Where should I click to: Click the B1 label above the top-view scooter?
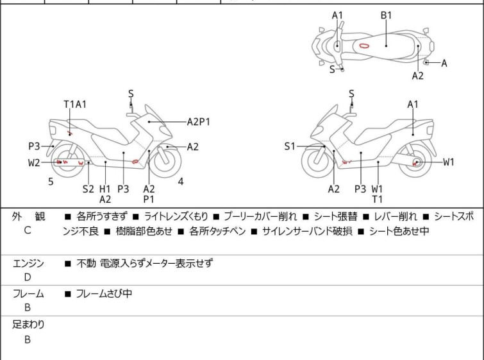(x=386, y=15)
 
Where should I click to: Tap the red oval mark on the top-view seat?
(x=364, y=46)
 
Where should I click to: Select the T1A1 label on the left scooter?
(x=75, y=105)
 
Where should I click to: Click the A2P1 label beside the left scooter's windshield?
(x=199, y=122)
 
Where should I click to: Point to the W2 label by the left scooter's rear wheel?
(x=34, y=162)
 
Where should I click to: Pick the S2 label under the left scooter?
(x=88, y=189)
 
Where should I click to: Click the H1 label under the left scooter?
(x=105, y=189)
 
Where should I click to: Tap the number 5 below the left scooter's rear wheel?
(x=51, y=182)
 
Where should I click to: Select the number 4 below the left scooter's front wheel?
(x=181, y=182)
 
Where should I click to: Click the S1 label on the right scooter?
(x=290, y=146)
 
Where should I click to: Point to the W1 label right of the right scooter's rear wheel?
(x=449, y=162)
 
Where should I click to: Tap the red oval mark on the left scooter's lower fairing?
(x=135, y=161)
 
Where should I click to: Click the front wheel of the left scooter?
(x=167, y=160)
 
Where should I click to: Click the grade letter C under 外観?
(x=28, y=230)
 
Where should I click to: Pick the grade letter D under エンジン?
(x=28, y=277)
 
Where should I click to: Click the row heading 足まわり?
(x=28, y=325)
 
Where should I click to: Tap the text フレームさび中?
(x=104, y=293)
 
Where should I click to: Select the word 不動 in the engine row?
(x=86, y=264)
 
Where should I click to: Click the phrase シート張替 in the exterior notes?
(x=335, y=217)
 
